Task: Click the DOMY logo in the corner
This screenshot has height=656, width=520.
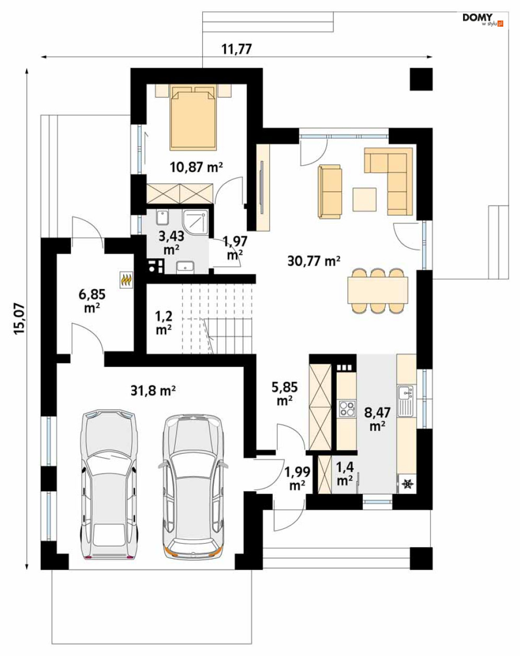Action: [x=482, y=19]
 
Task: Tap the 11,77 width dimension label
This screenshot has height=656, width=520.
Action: [x=237, y=49]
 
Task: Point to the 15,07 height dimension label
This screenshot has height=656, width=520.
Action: [x=19, y=318]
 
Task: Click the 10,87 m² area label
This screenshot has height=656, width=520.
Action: [x=197, y=167]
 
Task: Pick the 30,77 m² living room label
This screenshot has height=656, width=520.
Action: [x=314, y=261]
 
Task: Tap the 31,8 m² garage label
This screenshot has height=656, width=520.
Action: [x=153, y=390]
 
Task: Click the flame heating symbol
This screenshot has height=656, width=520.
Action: [x=126, y=280]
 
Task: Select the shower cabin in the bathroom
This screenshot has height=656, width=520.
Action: [x=195, y=223]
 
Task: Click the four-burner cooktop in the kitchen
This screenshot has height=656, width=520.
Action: [x=348, y=408]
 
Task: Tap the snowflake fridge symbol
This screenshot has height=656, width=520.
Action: [x=408, y=484]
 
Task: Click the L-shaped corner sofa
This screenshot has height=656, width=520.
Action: [x=389, y=181]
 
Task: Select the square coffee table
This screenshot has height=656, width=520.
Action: [x=364, y=199]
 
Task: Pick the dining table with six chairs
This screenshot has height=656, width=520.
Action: [x=378, y=290]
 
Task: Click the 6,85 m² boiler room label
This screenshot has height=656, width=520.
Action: [x=92, y=302]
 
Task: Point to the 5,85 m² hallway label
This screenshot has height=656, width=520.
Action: [x=285, y=394]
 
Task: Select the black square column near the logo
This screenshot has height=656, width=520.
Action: [x=421, y=79]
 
